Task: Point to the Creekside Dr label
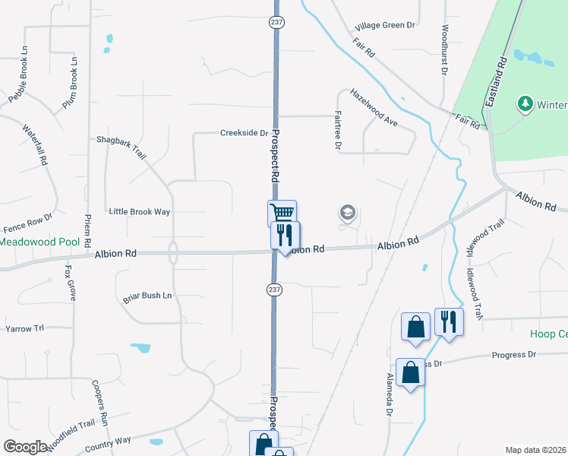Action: (x=244, y=132)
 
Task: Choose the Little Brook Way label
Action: (x=140, y=211)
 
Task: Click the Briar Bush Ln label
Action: (x=147, y=296)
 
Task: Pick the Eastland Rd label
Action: (x=496, y=80)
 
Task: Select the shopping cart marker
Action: (x=282, y=213)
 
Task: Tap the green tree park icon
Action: (x=524, y=103)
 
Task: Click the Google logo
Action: (x=25, y=446)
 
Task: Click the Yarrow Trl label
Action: (x=25, y=328)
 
